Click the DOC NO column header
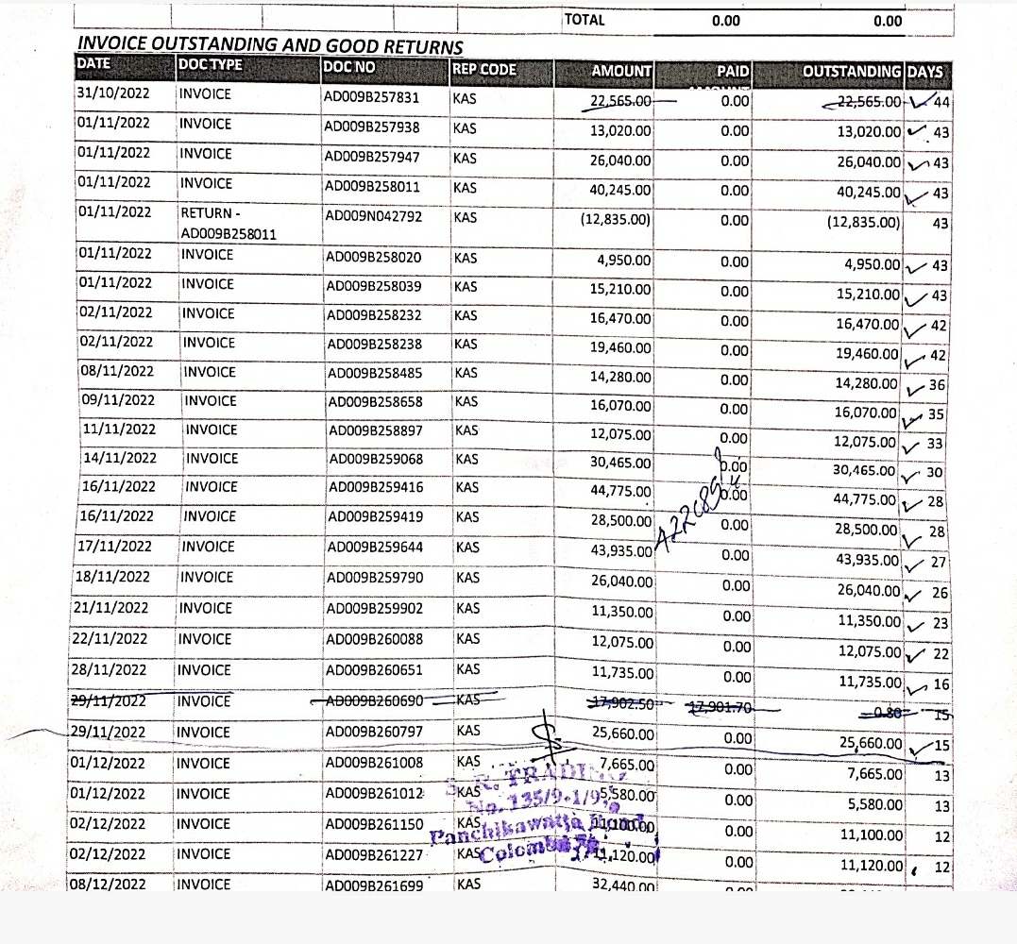tap(349, 67)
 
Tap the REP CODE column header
tap(484, 69)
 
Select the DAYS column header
tap(926, 71)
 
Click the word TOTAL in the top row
tap(585, 20)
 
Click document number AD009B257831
tap(372, 97)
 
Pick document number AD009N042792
tap(371, 216)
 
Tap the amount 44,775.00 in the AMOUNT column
tap(621, 492)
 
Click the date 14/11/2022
tap(119, 458)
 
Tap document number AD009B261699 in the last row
tap(374, 885)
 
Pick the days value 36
tap(937, 384)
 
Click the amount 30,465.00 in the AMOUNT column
tap(621, 463)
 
